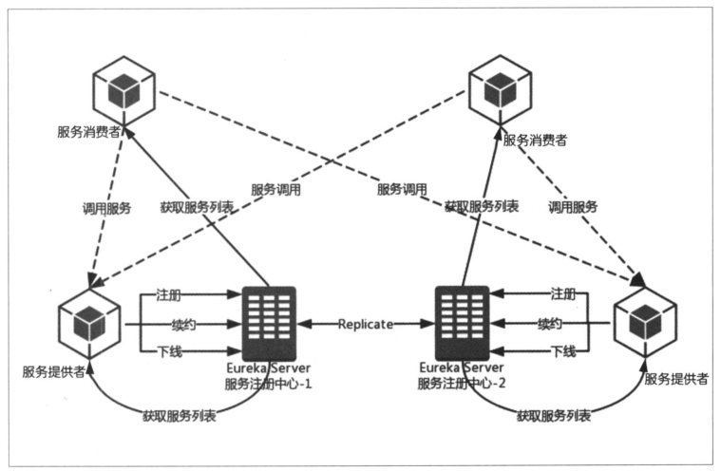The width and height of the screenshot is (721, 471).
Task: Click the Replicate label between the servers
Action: point(366,324)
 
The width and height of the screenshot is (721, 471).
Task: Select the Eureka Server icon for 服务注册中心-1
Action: point(269,322)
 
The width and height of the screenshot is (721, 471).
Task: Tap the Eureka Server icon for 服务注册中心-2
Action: point(462,322)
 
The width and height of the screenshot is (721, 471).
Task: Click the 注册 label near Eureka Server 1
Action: point(169,296)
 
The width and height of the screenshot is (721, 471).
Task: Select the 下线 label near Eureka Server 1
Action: point(169,352)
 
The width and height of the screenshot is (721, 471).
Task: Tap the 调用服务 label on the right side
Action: point(573,207)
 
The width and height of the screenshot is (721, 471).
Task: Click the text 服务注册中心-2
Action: point(462,385)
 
